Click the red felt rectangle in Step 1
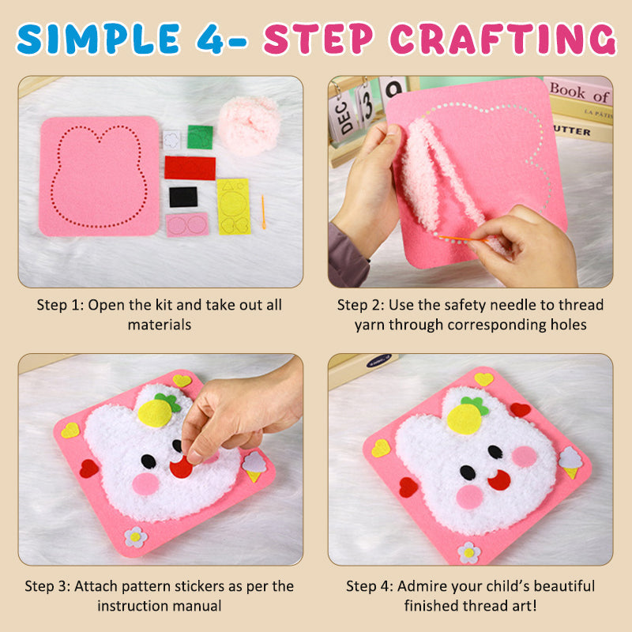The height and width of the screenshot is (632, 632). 190,167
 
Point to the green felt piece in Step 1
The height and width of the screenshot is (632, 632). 200,137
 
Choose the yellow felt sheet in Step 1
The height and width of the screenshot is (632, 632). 233,206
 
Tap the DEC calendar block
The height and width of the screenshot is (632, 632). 344,115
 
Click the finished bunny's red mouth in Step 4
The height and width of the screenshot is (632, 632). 498,479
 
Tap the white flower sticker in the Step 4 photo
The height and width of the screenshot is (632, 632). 469,551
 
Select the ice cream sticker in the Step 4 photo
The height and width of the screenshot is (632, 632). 570,462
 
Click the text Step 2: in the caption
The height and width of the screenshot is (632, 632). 359,305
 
